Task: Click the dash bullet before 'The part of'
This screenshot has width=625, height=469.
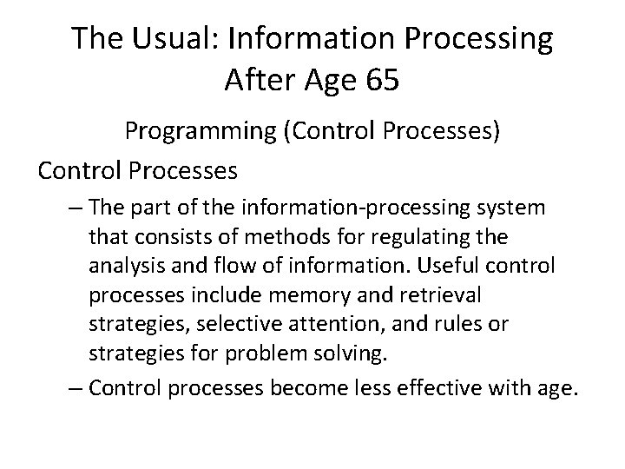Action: (75, 208)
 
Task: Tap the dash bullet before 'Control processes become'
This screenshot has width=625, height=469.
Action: (75, 388)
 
